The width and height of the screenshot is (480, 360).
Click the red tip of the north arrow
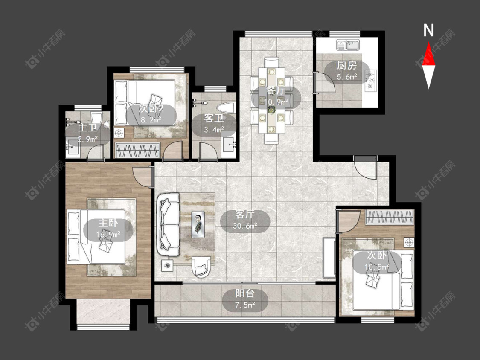click(428, 43)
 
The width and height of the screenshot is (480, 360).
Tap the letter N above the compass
click(428, 30)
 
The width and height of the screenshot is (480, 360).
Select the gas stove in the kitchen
click(371, 81)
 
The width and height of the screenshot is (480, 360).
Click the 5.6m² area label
click(347, 76)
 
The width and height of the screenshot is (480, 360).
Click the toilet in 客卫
click(226, 108)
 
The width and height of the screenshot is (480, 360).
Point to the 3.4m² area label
click(214, 130)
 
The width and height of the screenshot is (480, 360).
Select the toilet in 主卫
click(96, 118)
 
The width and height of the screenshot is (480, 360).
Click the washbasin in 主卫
click(73, 147)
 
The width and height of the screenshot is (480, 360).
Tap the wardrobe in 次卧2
click(138, 150)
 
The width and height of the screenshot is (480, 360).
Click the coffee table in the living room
click(198, 224)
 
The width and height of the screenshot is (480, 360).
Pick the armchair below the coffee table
click(201, 267)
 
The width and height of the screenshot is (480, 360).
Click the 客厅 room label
click(245, 214)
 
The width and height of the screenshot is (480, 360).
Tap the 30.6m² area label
click(245, 226)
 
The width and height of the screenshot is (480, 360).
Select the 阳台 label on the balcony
click(245, 293)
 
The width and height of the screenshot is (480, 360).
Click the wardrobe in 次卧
click(390, 217)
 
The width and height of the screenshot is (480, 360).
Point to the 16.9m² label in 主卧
click(108, 235)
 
